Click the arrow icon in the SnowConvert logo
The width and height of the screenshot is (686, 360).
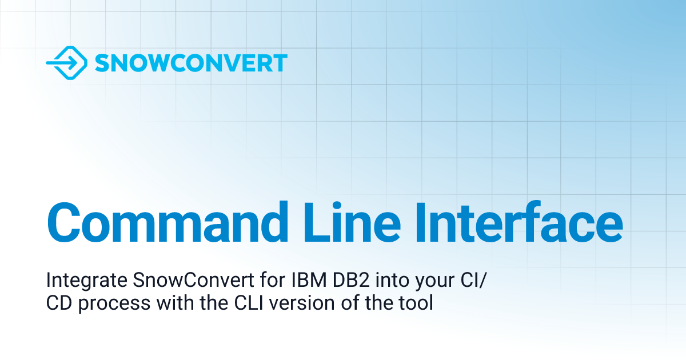[66, 63]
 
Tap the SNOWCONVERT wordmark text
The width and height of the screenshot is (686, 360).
[191, 63]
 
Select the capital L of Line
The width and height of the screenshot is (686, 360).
[315, 221]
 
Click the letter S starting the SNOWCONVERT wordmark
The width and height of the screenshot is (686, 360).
[102, 63]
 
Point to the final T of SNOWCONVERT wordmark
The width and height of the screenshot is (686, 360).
[280, 63]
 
